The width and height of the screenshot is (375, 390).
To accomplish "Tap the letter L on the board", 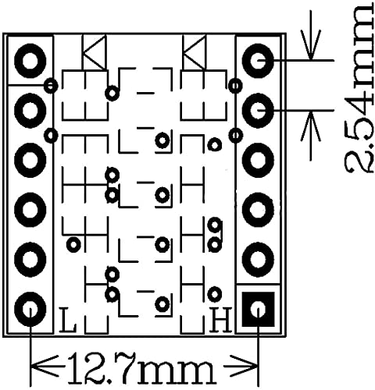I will click(68, 319).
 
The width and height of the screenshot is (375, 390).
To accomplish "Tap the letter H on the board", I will click(222, 319).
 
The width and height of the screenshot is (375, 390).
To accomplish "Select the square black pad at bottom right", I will click(259, 310).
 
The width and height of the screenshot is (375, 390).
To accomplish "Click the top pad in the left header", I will click(30, 60).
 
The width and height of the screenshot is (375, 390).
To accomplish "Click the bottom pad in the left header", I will click(30, 309).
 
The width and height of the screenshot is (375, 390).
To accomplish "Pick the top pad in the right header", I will click(259, 58).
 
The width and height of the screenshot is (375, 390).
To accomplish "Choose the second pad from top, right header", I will click(259, 110).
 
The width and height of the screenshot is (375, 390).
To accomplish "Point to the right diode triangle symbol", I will click(193, 55).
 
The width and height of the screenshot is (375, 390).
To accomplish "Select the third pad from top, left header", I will click(30, 158).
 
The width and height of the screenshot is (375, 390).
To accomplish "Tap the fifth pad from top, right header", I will click(259, 258).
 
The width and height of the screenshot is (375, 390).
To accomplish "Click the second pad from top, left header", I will click(30, 109).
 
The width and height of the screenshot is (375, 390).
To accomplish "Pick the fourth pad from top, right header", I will click(259, 208).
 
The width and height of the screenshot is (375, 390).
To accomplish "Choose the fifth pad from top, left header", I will click(30, 258).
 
